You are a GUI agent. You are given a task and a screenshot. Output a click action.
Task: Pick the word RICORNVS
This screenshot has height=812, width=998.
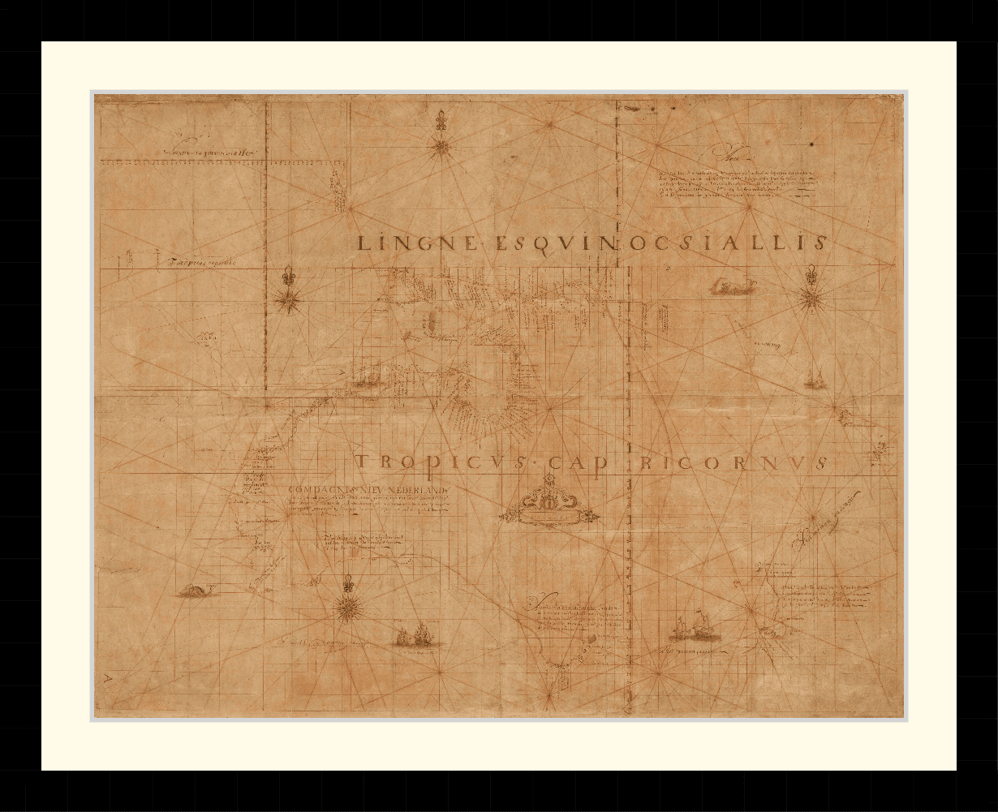pyautogui.click(x=734, y=462)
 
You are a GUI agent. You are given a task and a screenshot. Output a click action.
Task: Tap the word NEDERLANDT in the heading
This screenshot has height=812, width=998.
pyautogui.click(x=415, y=490)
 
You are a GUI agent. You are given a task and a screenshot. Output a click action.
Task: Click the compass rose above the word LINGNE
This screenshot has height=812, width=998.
pyautogui.click(x=441, y=147)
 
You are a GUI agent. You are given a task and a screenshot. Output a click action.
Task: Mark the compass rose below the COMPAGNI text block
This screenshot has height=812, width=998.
pyautogui.click(x=350, y=604)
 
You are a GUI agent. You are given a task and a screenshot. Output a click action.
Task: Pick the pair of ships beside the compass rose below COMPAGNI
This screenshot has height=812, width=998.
pyautogui.click(x=418, y=635)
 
